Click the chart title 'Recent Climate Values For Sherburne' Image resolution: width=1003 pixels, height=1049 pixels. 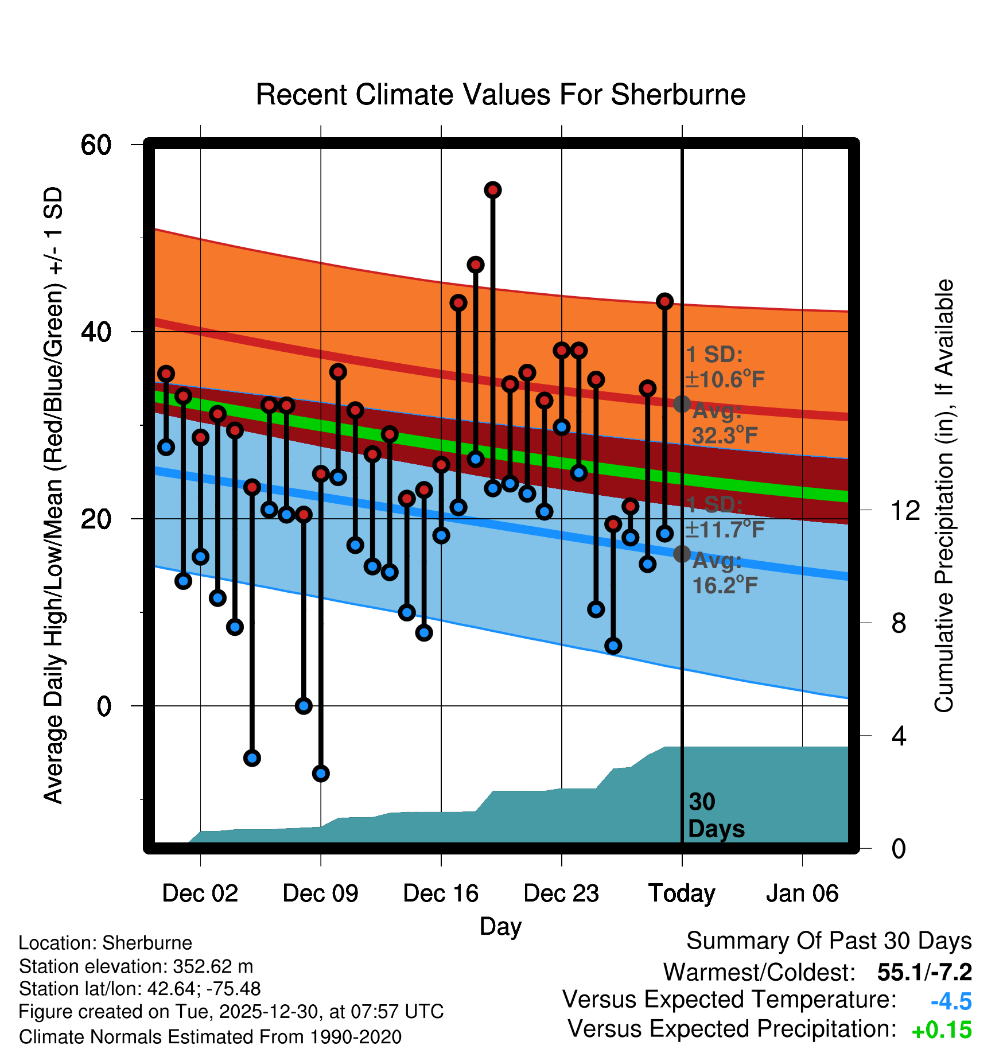point(500,95)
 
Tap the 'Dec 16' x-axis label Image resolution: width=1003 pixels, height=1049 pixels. point(441,893)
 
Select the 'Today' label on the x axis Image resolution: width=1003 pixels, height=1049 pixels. point(682,893)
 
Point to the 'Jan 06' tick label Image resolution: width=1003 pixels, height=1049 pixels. point(802,893)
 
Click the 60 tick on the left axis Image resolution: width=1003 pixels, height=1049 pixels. point(96,145)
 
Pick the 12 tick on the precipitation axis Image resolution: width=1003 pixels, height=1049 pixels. point(905,510)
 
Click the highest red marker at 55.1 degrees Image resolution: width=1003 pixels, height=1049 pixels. point(493,190)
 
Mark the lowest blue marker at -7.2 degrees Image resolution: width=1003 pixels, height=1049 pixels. point(321,774)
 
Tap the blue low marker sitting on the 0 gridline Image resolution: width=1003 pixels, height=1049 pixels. point(304,706)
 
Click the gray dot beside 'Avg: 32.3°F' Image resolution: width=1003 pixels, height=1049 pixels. point(682,404)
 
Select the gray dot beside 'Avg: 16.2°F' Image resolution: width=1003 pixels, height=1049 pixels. point(682,554)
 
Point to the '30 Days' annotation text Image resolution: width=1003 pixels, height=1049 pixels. point(716,815)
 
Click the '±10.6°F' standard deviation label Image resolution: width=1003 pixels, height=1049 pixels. point(725,379)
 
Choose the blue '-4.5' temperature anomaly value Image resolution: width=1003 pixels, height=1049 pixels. point(951,1001)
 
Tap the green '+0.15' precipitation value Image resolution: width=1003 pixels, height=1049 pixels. point(942,1030)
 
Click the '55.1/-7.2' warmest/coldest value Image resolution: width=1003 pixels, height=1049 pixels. point(924,972)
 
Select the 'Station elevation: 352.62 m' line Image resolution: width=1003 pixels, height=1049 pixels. point(136,966)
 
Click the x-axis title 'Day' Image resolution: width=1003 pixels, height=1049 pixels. point(500,926)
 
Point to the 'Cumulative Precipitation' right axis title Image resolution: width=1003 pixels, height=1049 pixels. point(944,496)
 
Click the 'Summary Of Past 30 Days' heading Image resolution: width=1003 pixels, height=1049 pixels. point(829,941)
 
